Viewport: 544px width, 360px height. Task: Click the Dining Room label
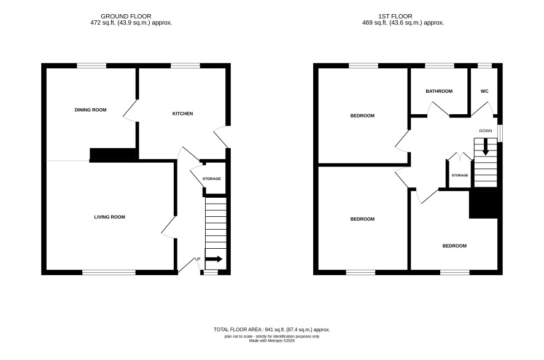(90, 110)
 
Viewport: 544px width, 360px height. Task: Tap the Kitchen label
(183, 114)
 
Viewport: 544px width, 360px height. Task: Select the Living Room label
(110, 217)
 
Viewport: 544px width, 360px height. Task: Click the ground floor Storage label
(212, 179)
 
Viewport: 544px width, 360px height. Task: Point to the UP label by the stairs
(198, 259)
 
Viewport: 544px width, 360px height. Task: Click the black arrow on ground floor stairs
(214, 259)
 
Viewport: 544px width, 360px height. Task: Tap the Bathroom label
(439, 91)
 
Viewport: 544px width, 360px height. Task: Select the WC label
(484, 91)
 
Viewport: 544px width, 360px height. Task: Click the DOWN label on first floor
(486, 131)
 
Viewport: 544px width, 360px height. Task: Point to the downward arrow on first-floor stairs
(486, 147)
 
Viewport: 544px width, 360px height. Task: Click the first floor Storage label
(460, 175)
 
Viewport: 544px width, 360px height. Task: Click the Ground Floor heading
(126, 17)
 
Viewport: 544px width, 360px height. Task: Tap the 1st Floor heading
(395, 17)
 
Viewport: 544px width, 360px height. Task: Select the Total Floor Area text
(272, 329)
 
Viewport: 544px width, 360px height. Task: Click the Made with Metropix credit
(272, 341)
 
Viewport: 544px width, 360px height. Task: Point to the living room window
(109, 273)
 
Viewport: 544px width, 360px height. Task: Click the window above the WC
(484, 66)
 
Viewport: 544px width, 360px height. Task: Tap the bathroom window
(440, 66)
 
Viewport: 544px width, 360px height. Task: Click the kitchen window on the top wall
(185, 66)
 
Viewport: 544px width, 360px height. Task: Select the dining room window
(91, 66)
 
